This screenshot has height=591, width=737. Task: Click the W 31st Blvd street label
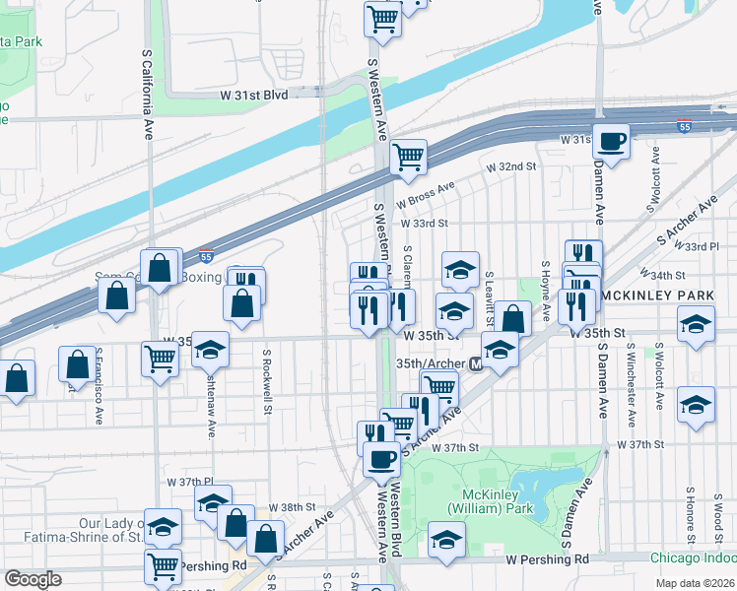click(x=254, y=95)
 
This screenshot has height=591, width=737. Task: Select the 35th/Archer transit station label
click(x=430, y=363)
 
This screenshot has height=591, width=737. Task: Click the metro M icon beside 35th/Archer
click(x=476, y=364)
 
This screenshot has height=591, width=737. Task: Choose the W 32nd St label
click(x=510, y=167)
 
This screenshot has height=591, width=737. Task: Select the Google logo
click(x=33, y=579)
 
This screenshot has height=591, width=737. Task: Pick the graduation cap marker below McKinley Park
click(x=446, y=540)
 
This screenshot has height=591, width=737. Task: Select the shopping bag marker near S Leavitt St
click(x=512, y=317)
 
